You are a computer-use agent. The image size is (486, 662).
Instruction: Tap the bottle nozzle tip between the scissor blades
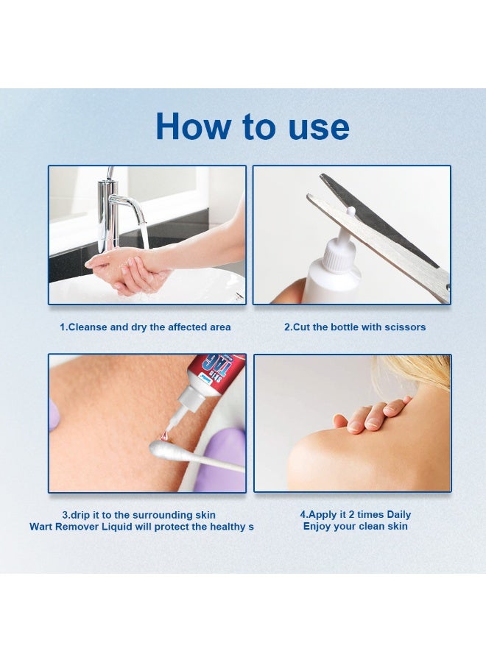350,210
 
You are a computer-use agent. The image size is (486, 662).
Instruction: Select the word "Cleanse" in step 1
88,327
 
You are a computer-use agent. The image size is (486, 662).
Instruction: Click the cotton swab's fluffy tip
165,450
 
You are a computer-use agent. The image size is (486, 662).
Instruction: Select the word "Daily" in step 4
399,515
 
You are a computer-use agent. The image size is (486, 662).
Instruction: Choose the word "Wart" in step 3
40,527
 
